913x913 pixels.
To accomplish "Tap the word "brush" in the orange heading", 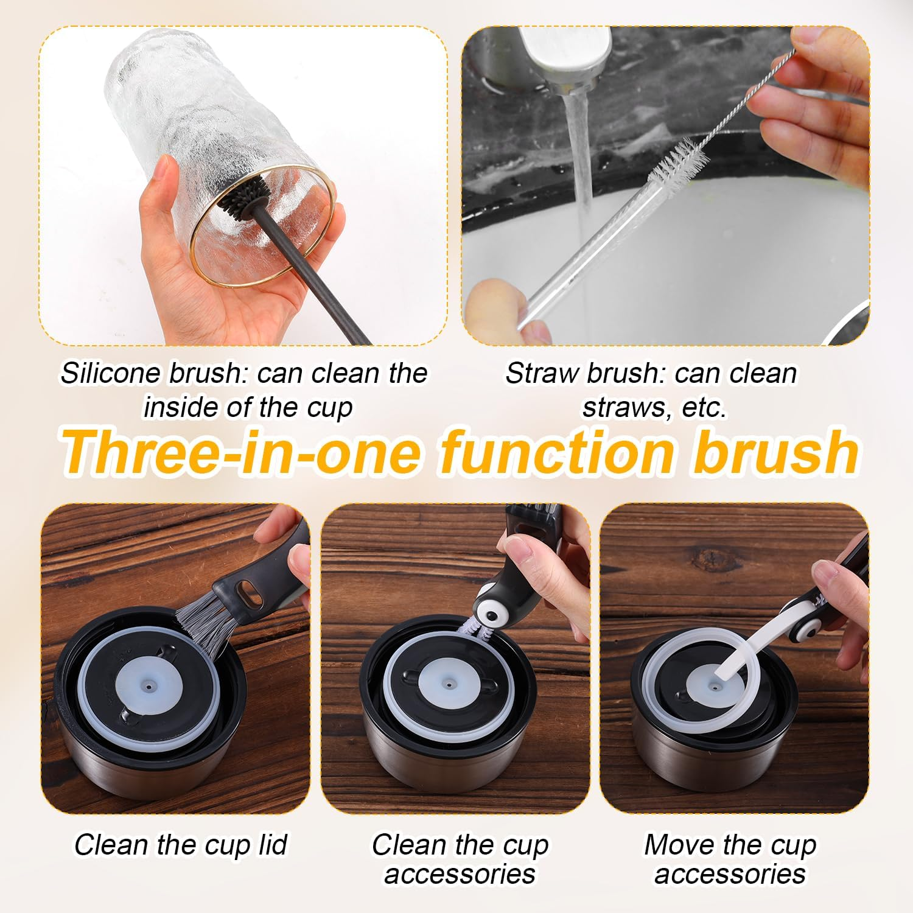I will point(775,452).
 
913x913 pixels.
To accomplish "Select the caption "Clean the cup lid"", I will point(181,845).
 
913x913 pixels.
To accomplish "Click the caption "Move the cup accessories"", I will point(730,859).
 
